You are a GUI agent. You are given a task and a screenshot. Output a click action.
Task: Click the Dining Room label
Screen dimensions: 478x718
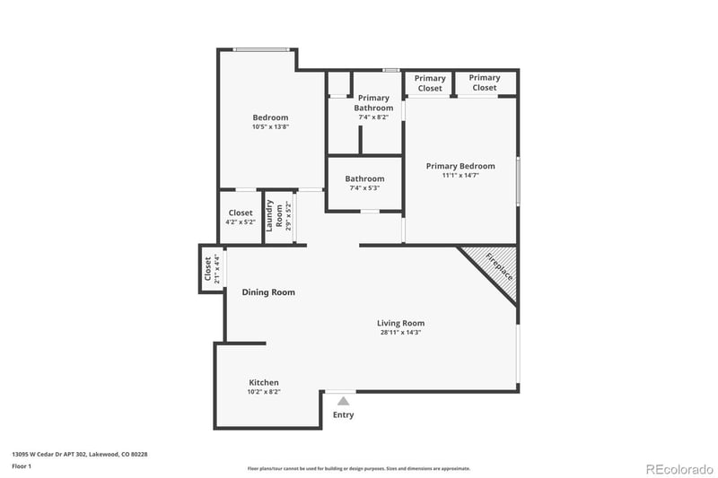point(268,292)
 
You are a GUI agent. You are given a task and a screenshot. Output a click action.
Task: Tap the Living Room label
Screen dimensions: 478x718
point(400,323)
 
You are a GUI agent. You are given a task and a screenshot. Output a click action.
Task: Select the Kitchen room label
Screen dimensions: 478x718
point(264,382)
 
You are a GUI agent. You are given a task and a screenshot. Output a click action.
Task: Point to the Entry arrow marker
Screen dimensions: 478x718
point(343,401)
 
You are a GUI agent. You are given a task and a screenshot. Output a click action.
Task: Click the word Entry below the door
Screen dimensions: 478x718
point(343,415)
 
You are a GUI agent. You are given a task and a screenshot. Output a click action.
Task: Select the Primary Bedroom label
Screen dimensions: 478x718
point(460,166)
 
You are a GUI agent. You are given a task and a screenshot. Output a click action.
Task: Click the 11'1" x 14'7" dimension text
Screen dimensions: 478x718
point(460,176)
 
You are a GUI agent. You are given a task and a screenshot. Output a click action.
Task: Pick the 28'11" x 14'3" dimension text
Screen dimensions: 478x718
point(400,333)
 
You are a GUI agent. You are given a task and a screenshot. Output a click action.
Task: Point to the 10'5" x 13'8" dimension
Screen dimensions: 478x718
point(270,127)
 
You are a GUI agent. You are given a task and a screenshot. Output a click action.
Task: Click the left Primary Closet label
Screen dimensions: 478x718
point(430,83)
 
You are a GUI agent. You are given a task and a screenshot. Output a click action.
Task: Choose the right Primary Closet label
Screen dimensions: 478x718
point(485,83)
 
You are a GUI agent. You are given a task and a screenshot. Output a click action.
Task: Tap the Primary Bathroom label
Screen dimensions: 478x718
point(373,102)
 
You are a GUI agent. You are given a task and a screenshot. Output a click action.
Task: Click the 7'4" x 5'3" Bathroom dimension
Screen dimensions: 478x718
point(364,188)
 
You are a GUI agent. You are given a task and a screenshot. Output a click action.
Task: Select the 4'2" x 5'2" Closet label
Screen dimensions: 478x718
point(241,217)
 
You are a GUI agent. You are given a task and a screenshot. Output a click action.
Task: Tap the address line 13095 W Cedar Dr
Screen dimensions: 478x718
point(79,455)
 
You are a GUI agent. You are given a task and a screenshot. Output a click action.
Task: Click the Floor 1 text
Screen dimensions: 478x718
point(22,466)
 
